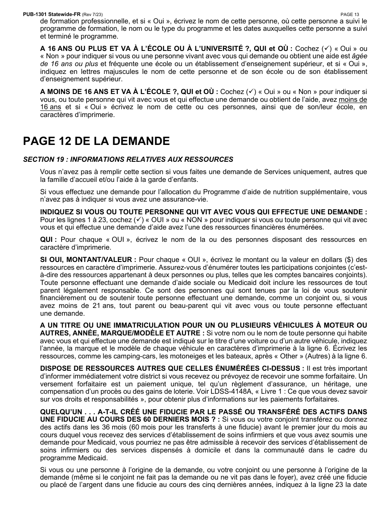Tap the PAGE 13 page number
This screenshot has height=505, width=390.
click(x=350, y=14)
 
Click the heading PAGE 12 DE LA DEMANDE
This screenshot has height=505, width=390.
click(x=96, y=141)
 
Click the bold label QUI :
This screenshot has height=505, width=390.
click(x=48, y=240)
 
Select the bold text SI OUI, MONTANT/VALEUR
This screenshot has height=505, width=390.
click(x=87, y=259)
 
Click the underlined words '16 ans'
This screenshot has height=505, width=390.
click(x=50, y=107)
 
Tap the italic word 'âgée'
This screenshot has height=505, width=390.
click(x=360, y=55)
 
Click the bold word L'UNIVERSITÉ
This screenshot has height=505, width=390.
click(x=228, y=48)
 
